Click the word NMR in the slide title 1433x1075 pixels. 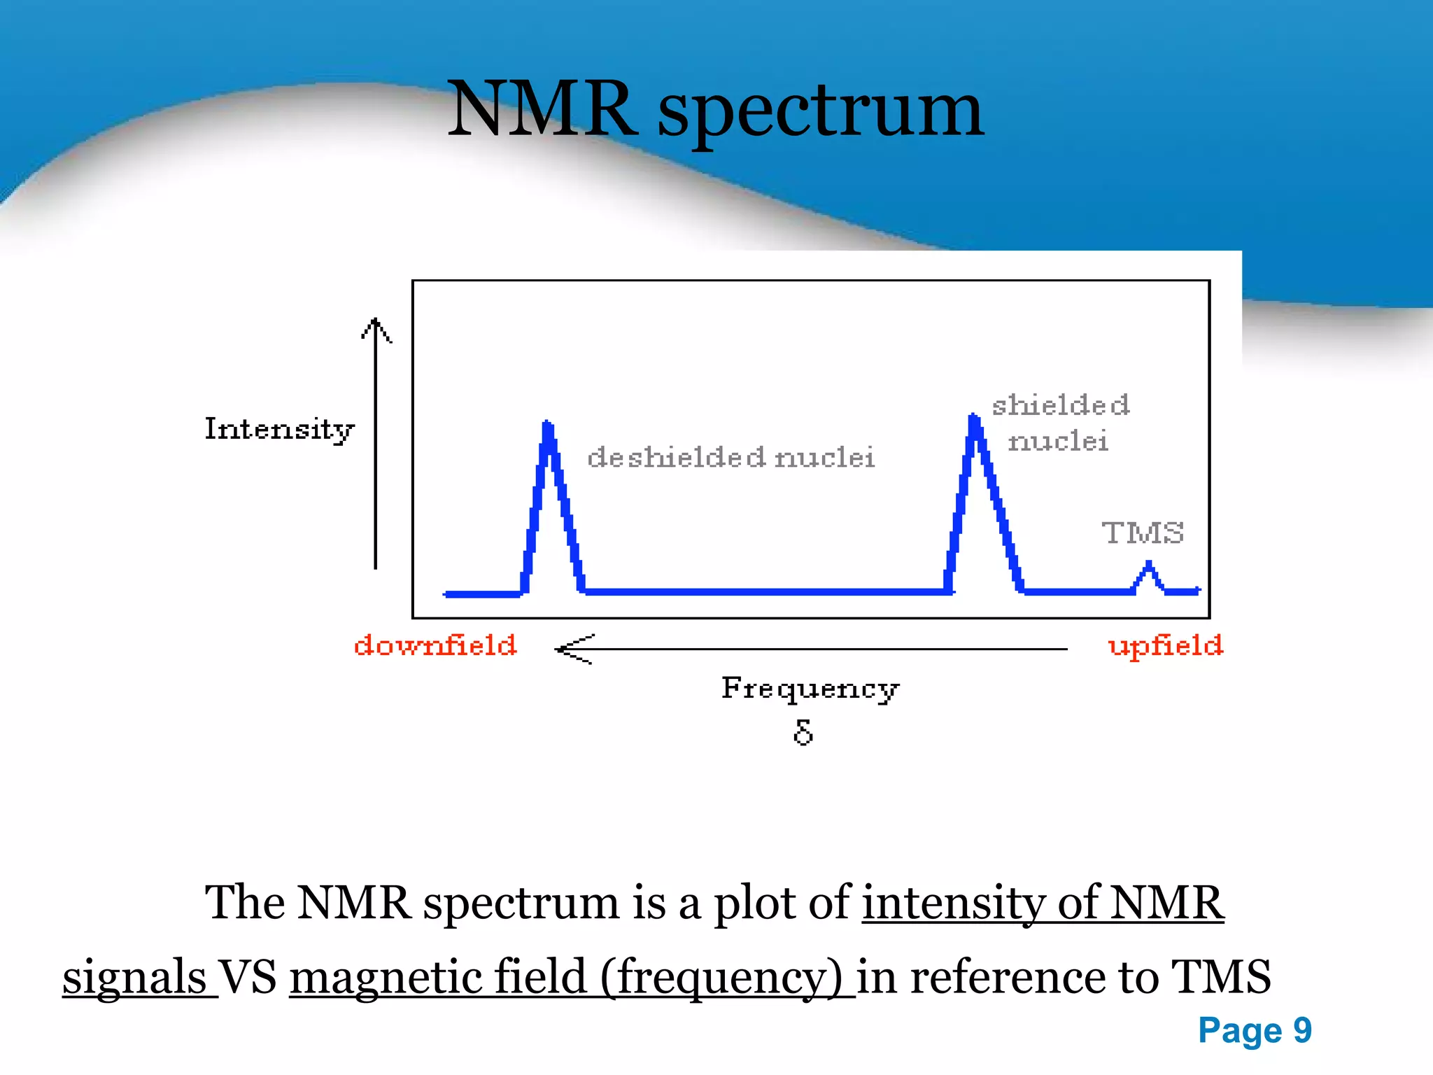pos(542,110)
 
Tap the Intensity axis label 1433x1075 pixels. pos(279,429)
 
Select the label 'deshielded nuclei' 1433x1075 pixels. pos(730,458)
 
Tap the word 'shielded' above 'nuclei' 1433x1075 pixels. pos(1060,405)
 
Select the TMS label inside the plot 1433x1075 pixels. pos(1143,533)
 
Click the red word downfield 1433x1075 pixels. pos(435,645)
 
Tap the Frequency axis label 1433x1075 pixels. pos(810,689)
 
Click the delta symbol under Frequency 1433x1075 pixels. pos(803,732)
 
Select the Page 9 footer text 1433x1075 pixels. pos(1255,1030)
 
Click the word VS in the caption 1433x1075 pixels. pos(248,977)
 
